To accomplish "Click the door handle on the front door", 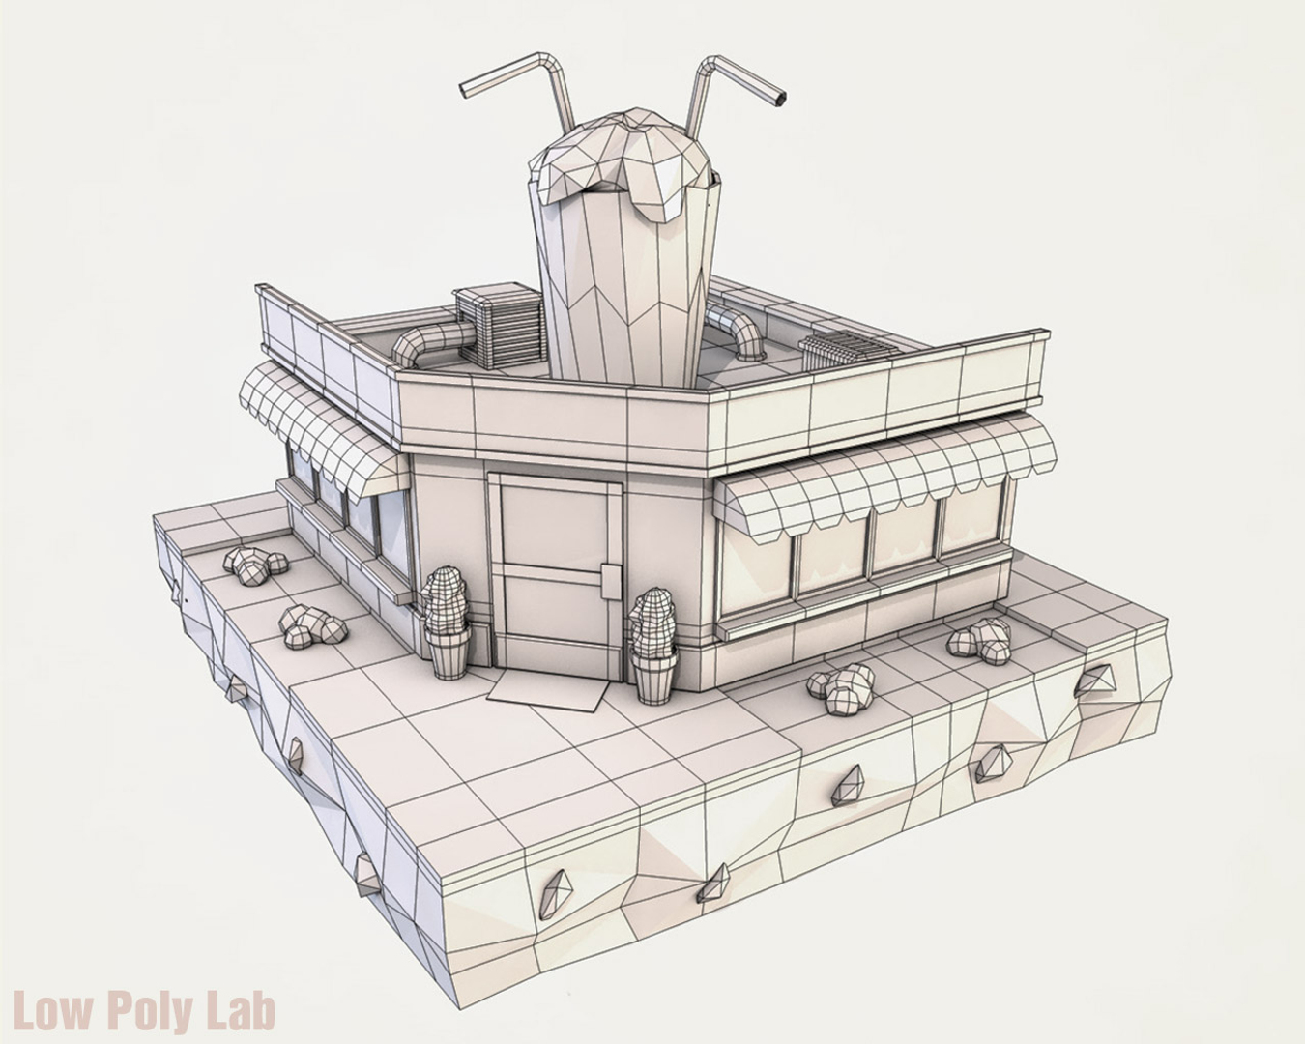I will [x=609, y=580].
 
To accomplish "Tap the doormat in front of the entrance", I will [x=547, y=688].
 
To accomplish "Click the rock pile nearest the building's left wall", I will [x=254, y=564].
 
